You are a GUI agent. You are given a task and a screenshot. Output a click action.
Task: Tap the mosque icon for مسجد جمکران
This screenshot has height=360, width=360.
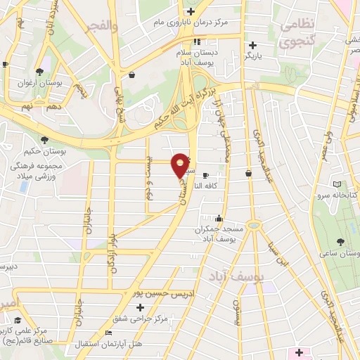tap(219, 218)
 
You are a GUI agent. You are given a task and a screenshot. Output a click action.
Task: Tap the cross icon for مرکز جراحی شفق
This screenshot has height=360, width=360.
tap(141, 307)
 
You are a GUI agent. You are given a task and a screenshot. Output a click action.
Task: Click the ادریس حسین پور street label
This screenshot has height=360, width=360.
tap(157, 292)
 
